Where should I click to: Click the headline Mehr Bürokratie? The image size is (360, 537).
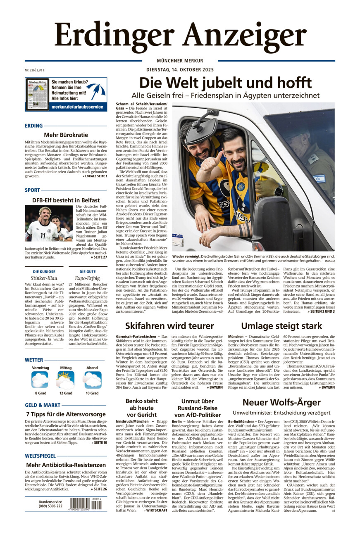66,135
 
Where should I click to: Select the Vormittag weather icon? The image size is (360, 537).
40,380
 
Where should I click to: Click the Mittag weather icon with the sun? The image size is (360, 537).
66,380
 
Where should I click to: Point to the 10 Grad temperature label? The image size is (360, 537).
92,393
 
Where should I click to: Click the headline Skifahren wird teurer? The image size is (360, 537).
169,326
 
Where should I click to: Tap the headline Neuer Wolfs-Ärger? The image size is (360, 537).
281,402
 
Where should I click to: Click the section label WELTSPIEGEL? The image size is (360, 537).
40,456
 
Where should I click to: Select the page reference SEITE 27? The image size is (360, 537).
100,257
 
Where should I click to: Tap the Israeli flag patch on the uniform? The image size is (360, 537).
319,178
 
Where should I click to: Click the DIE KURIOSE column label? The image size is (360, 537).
41,272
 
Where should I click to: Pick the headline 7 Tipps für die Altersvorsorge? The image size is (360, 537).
66,414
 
